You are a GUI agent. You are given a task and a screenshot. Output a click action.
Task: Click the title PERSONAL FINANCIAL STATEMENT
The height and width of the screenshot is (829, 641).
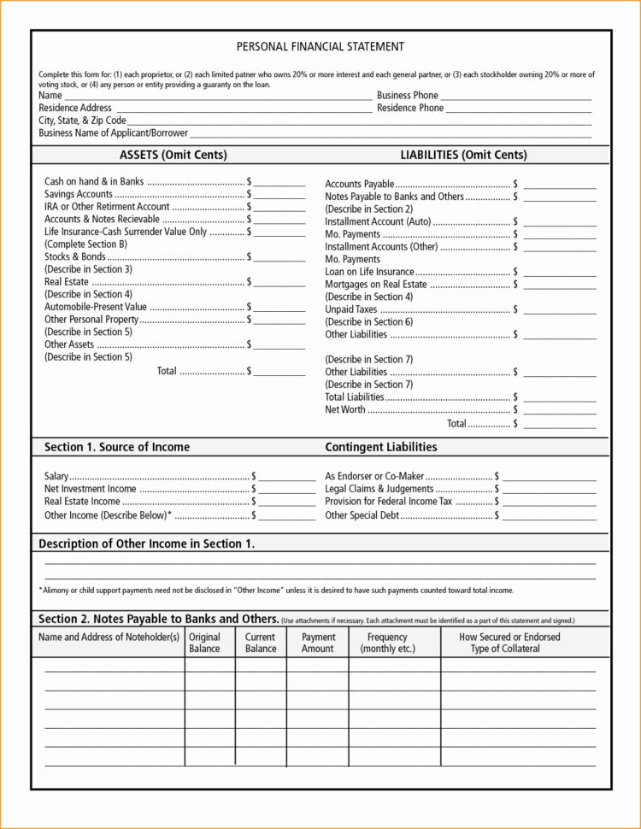tap(320, 47)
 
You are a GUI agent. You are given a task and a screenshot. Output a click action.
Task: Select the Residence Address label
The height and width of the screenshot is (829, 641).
tap(75, 109)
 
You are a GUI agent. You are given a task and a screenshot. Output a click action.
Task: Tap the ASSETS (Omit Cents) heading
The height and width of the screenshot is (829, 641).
tap(173, 155)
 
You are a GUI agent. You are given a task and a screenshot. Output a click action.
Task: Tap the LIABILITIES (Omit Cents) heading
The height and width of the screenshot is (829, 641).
tap(463, 155)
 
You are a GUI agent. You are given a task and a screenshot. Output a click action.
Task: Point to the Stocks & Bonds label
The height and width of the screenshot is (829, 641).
tap(75, 256)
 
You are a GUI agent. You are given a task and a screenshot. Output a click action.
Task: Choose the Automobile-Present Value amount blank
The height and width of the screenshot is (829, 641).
tap(279, 309)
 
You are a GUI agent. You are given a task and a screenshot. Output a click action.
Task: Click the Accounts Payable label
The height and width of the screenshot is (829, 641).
tap(360, 185)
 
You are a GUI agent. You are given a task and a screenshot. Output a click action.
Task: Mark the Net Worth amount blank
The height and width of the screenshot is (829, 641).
tap(560, 412)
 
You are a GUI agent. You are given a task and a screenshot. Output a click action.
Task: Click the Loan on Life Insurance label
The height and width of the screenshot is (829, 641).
tap(369, 272)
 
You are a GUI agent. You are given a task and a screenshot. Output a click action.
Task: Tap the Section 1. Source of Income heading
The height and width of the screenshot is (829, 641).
tap(117, 447)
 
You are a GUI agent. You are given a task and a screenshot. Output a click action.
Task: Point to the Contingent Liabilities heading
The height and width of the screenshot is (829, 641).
tap(381, 447)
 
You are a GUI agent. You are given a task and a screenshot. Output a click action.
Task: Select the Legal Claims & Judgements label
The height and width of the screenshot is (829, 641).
tap(379, 489)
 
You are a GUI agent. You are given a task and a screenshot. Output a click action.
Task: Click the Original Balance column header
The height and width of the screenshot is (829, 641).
tap(204, 643)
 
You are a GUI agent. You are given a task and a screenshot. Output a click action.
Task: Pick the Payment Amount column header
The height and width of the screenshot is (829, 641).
tap(318, 643)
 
